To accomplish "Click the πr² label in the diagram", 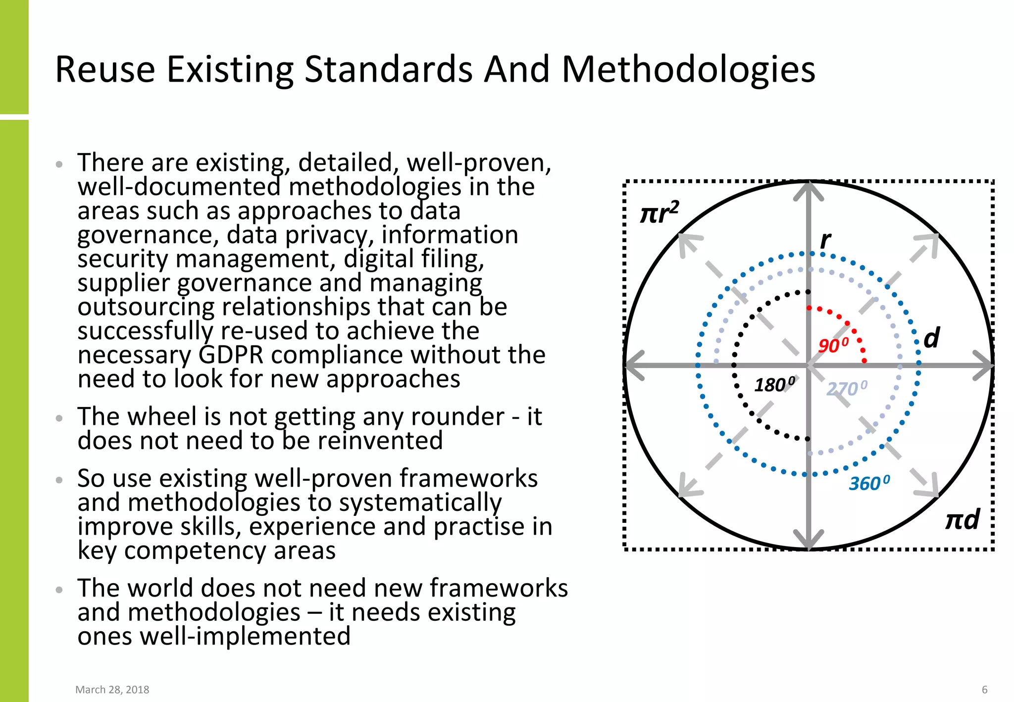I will click(659, 213).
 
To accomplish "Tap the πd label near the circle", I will click(962, 520).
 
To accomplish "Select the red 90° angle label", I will click(833, 345).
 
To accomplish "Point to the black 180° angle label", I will click(774, 385).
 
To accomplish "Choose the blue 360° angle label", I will click(869, 483).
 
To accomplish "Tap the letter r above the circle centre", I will click(825, 240).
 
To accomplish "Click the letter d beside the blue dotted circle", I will click(931, 338).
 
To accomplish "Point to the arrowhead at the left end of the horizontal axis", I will click(634, 365).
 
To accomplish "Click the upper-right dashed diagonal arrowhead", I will click(929, 243).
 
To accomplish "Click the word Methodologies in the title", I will click(688, 69).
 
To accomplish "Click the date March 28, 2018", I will click(112, 690).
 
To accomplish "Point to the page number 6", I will click(984, 690).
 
